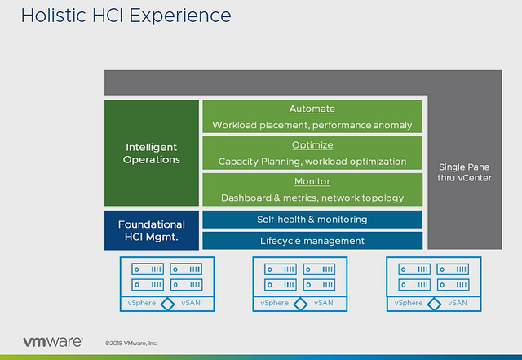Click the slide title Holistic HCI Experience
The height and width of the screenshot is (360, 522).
115,16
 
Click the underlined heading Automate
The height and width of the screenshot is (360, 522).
312,109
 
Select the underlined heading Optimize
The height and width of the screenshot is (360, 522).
312,145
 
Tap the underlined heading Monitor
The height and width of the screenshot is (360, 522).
312,182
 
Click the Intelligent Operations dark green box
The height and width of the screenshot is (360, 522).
152,153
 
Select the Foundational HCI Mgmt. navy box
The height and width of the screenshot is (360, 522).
152,230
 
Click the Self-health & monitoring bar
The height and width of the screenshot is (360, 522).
312,220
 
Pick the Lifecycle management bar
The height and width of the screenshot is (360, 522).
312,241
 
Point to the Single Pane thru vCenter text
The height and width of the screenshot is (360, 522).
465,171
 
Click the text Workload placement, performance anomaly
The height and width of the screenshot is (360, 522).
312,126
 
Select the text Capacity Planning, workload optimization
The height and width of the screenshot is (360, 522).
312,162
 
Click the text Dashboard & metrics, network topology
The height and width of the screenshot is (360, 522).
312,198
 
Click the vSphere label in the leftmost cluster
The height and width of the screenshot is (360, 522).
142,303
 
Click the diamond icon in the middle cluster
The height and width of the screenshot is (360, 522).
300,304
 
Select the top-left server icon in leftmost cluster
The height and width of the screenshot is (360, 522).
147,269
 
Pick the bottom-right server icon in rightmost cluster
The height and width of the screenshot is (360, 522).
453,284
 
